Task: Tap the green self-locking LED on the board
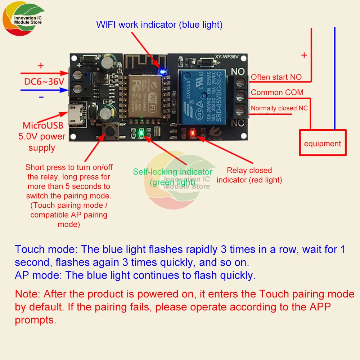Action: pos(141,132)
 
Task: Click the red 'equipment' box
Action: pos(323,144)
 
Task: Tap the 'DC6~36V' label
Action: pos(44,82)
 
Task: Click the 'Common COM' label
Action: pos(277,93)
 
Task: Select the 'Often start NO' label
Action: pos(276,77)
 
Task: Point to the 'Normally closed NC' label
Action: pos(279,108)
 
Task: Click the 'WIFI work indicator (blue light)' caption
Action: pos(159,24)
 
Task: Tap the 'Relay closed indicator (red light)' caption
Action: pos(249,175)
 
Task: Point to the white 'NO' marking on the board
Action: pos(238,71)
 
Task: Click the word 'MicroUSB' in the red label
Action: pos(43,126)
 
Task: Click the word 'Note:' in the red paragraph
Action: pos(27,294)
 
